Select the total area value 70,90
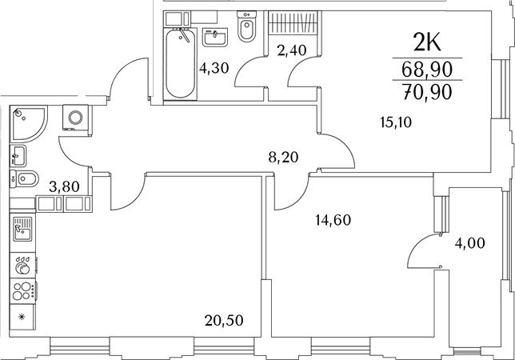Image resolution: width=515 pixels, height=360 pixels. click(x=426, y=91)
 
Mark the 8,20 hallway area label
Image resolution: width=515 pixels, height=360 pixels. click(x=284, y=158)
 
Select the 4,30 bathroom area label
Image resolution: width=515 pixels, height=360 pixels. click(x=214, y=68)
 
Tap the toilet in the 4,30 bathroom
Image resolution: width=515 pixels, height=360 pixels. click(x=246, y=29)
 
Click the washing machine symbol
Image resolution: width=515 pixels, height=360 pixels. click(x=75, y=118)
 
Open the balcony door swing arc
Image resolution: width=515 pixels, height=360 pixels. click(x=421, y=254)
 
